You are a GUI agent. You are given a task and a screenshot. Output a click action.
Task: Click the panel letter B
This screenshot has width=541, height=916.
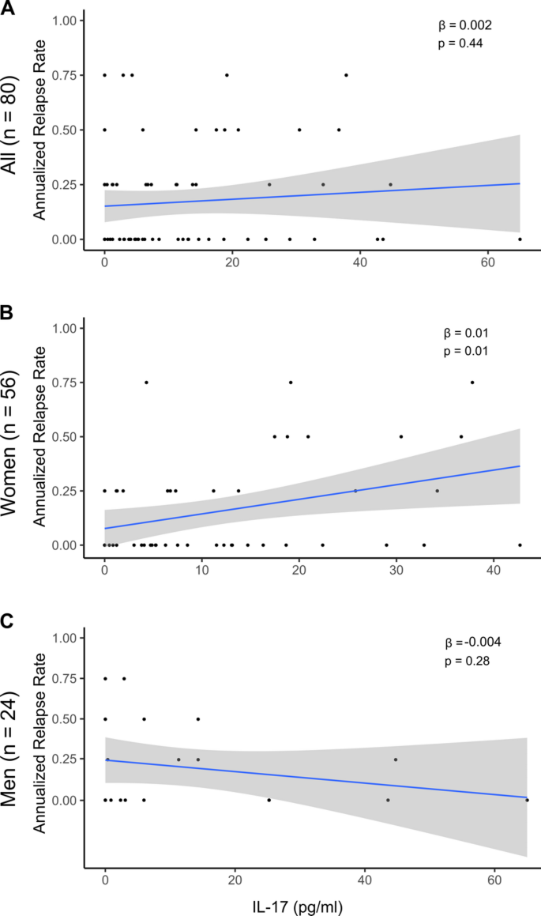coord(9,315)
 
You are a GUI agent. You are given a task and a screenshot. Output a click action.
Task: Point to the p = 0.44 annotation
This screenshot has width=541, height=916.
coord(460,43)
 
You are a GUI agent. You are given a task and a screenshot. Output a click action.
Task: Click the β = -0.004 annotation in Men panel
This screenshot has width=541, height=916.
coord(468,642)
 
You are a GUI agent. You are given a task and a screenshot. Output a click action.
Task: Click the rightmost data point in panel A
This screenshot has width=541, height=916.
coord(520,239)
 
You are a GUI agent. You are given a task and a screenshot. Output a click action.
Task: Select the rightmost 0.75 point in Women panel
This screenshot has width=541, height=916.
coord(472,382)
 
